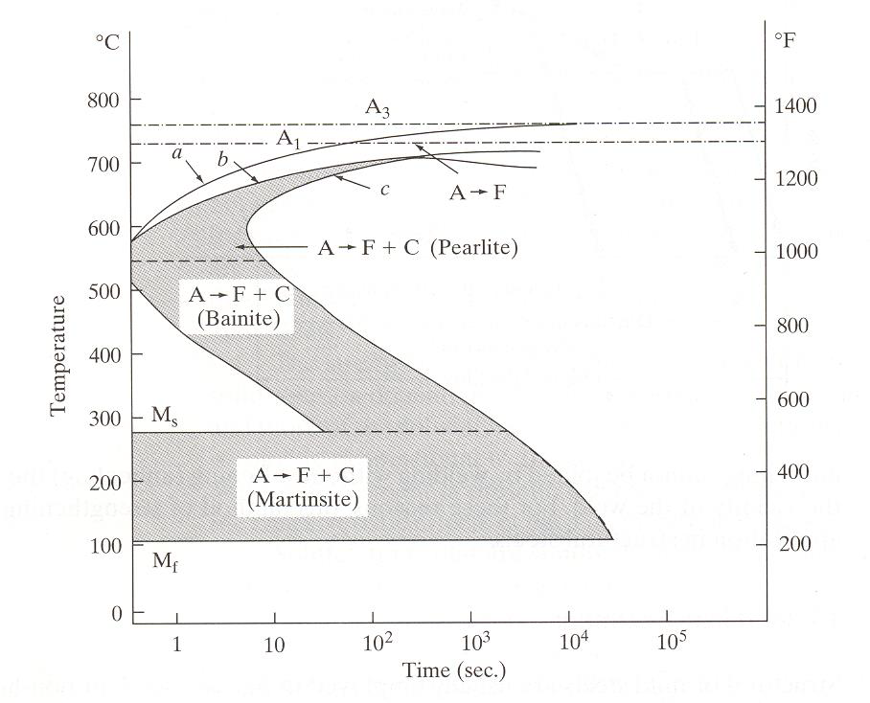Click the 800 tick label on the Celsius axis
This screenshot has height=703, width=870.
(103, 101)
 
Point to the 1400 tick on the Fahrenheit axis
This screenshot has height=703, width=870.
(795, 105)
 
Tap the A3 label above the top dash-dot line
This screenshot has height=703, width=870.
(377, 107)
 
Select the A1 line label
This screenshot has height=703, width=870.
(288, 139)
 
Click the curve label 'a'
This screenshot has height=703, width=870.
(177, 153)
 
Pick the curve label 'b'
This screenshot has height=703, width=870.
(222, 159)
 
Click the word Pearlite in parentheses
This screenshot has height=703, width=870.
(474, 247)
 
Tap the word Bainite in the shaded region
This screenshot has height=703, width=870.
(239, 319)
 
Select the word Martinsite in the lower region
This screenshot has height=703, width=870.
(303, 499)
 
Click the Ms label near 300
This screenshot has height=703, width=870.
(165, 416)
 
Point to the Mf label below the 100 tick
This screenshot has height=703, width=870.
(165, 562)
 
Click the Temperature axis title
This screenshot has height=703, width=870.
(57, 356)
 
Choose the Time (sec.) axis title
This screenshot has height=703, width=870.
(454, 670)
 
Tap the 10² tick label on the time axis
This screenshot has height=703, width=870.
(378, 642)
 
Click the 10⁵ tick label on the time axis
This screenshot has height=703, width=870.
(672, 642)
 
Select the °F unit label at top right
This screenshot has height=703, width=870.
(785, 40)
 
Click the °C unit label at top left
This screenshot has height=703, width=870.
(107, 42)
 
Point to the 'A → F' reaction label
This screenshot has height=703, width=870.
(477, 193)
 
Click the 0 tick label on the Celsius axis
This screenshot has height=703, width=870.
(117, 614)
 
